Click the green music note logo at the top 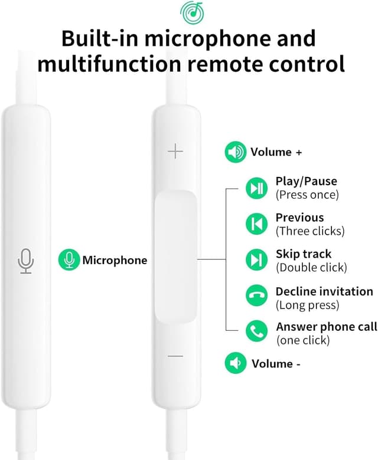click(192, 12)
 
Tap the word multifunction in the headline click(109, 63)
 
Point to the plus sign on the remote click(175, 151)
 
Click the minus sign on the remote click(175, 356)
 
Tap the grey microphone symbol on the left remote click(26, 261)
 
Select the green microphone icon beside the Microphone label click(69, 259)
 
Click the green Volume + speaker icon click(236, 152)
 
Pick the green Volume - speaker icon click(236, 363)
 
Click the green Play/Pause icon click(257, 188)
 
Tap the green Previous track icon click(257, 224)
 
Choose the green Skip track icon click(257, 259)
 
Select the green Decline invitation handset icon click(257, 295)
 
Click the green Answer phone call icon click(257, 331)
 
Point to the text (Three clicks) click(310, 231)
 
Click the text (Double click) click(311, 267)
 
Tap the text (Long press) click(308, 305)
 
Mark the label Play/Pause click(307, 181)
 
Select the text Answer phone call click(327, 327)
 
